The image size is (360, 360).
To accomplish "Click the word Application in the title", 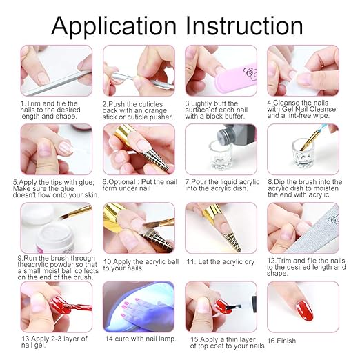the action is (114, 26).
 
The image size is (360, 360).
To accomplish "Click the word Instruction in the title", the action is (244, 26).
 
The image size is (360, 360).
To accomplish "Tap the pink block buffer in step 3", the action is (234, 80).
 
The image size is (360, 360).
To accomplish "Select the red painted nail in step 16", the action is (305, 310).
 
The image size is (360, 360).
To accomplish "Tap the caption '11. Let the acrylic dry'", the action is (221, 262).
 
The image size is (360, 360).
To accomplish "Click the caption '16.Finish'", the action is (281, 341).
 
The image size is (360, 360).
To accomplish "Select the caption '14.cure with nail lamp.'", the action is (141, 339).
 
